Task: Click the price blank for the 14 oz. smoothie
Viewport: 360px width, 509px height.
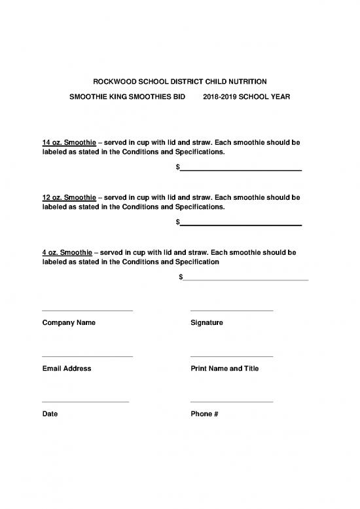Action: click(240, 170)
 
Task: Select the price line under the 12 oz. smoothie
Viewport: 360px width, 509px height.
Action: click(240, 225)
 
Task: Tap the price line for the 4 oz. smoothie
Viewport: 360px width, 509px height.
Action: click(245, 280)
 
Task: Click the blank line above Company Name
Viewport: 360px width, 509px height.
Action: click(87, 310)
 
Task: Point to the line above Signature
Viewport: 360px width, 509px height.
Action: click(231, 310)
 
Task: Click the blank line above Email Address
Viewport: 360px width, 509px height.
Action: click(87, 356)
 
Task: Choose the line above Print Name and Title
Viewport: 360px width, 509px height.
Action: click(231, 356)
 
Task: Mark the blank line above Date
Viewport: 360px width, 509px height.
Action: click(85, 401)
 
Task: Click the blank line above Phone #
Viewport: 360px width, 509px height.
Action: click(231, 401)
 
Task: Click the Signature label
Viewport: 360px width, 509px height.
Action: click(207, 323)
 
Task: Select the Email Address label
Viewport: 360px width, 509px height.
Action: click(67, 369)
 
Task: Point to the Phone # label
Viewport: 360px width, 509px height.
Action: click(204, 414)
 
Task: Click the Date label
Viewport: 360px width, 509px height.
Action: click(50, 414)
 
